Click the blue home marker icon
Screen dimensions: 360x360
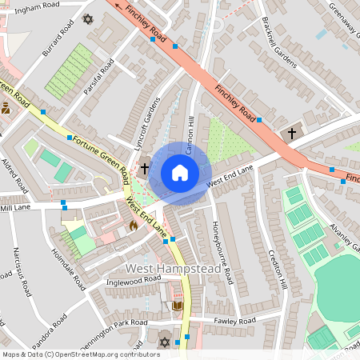coord(180,173)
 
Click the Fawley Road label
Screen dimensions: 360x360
coord(234,321)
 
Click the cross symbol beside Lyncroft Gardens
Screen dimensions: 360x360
coord(145,169)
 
